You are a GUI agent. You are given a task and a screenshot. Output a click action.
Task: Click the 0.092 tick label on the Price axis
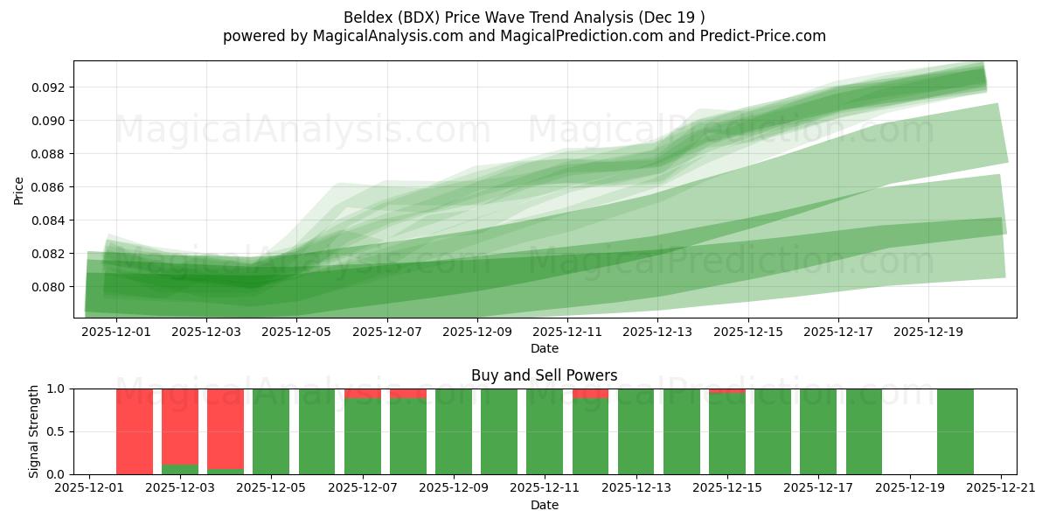50,87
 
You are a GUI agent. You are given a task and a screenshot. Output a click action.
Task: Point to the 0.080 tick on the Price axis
50,287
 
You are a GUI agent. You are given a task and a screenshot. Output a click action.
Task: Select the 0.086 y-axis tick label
50,187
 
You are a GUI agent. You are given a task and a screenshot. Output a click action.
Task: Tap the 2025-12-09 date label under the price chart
477,332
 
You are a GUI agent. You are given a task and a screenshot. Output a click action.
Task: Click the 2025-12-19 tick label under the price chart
928,332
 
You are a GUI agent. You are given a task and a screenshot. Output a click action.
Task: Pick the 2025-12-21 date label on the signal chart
1001,488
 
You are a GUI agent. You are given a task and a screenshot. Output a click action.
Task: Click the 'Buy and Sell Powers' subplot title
544,375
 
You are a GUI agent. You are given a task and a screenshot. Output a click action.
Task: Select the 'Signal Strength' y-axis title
34,431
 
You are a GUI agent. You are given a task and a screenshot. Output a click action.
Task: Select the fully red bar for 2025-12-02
135,431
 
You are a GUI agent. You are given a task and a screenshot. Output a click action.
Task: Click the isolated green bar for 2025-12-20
955,431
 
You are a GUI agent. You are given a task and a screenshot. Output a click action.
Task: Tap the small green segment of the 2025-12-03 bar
180,469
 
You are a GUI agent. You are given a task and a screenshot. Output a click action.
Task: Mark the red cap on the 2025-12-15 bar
727,390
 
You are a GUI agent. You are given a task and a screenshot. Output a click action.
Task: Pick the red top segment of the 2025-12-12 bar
590,393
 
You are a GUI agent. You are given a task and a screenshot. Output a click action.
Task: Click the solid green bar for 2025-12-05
271,431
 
